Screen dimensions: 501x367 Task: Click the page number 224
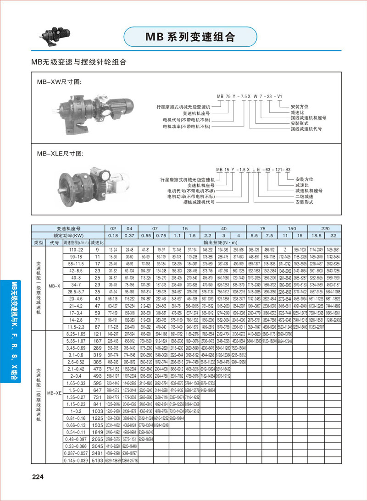tap(37, 477)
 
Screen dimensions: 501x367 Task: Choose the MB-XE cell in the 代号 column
tap(54, 392)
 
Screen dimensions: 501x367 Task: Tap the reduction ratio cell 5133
tap(97, 460)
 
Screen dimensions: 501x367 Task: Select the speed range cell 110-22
tap(76, 249)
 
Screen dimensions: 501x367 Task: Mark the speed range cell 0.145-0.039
tap(76, 460)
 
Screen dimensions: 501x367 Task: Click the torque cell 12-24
tap(112, 249)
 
